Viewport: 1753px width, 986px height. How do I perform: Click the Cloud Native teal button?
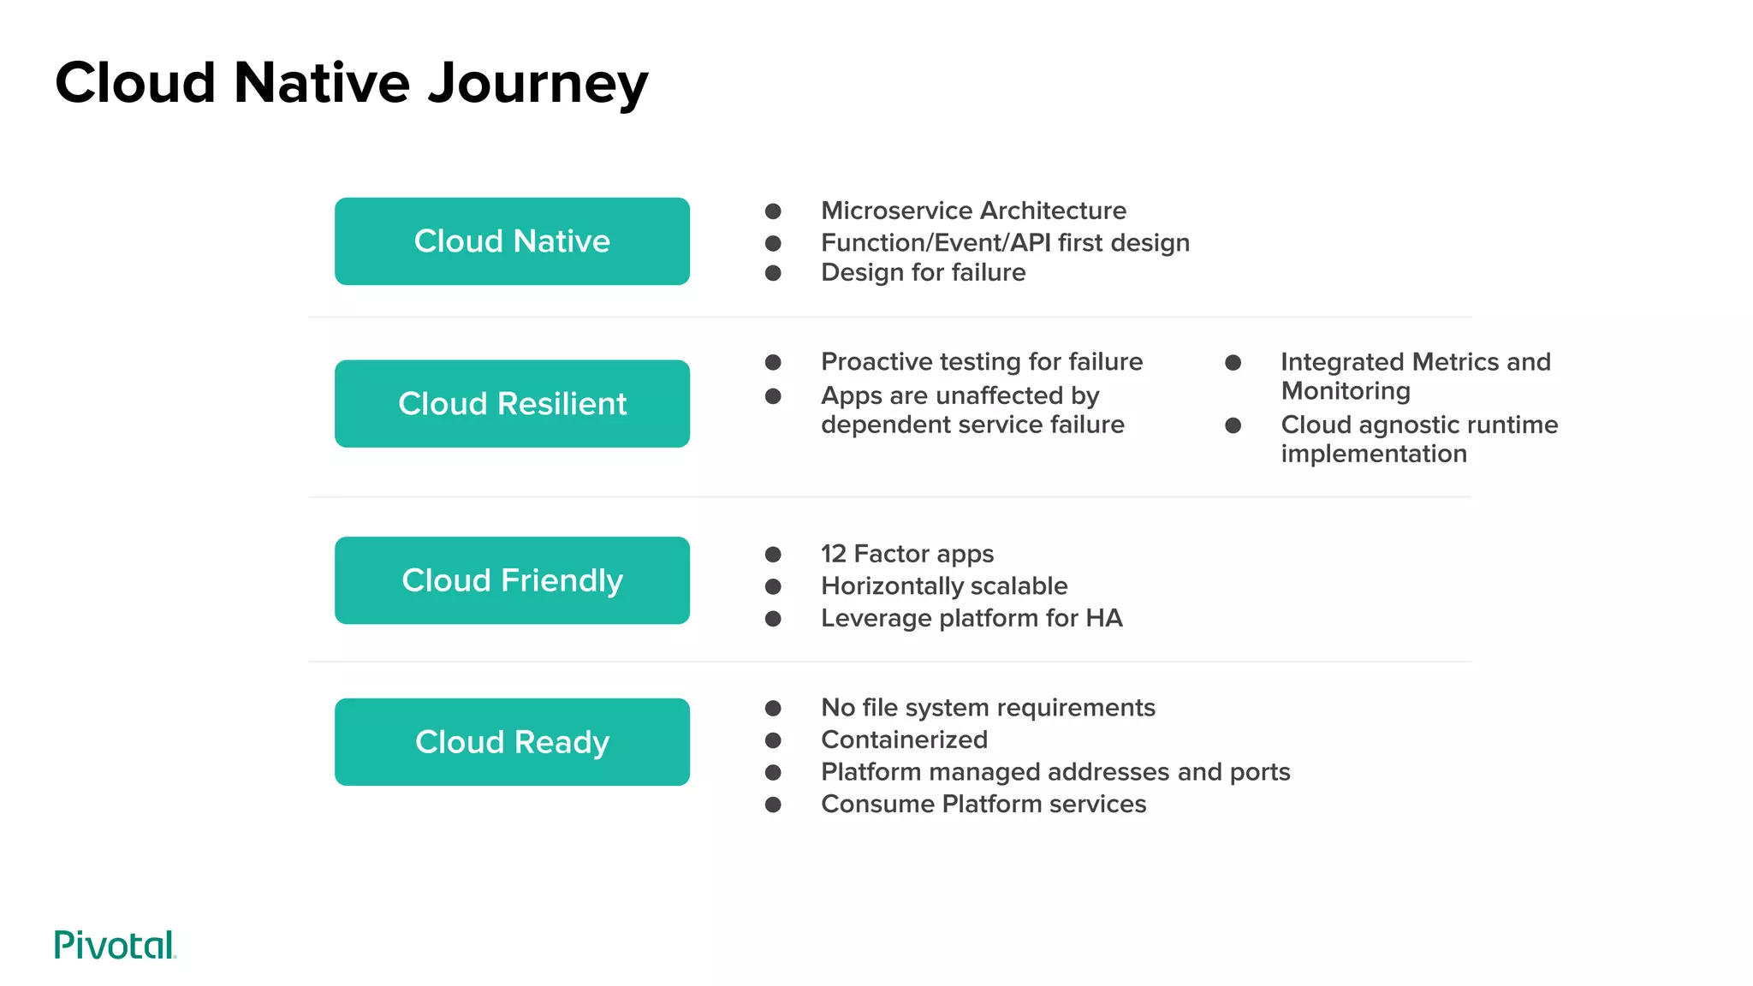click(512, 241)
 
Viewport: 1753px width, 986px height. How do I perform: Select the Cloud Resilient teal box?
click(512, 404)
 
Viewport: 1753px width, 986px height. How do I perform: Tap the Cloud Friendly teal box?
click(512, 580)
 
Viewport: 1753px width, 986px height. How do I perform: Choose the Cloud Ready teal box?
click(512, 742)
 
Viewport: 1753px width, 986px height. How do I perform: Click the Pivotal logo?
click(115, 945)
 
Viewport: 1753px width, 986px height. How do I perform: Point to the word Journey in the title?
click(538, 84)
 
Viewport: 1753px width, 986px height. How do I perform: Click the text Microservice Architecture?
click(973, 211)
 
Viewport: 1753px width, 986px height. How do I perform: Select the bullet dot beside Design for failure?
click(773, 273)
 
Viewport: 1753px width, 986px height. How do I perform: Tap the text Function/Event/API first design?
click(1005, 243)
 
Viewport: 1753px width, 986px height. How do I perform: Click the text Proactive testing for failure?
click(981, 362)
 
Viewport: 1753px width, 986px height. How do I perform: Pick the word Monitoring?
click(1346, 391)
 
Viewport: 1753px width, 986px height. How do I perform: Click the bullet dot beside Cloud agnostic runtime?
click(1233, 425)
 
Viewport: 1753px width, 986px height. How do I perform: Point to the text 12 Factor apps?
click(907, 554)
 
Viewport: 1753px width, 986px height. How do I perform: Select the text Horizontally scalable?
click(944, 586)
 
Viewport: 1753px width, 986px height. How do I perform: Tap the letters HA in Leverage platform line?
click(1103, 618)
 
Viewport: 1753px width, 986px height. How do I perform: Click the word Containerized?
click(904, 739)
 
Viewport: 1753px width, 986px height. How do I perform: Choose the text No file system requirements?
click(988, 708)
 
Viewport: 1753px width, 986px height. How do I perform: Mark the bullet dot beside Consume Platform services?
click(773, 805)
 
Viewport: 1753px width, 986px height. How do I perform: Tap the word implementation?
click(1374, 454)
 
